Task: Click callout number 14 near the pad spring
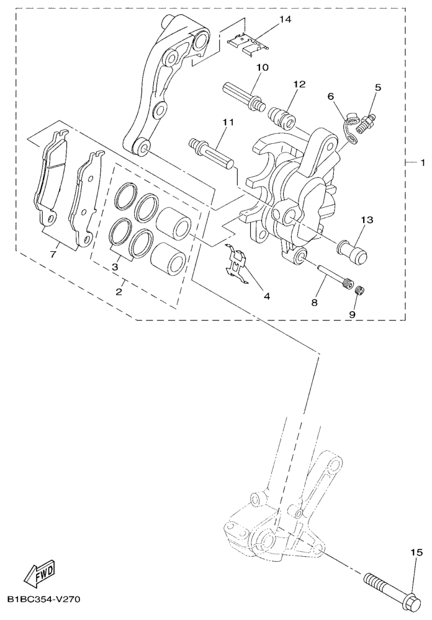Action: pyautogui.click(x=285, y=19)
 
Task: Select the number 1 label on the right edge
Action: pyautogui.click(x=423, y=162)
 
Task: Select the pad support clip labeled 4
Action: pyautogui.click(x=235, y=264)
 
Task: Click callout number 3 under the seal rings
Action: pyautogui.click(x=115, y=267)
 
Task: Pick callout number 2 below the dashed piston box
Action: pyautogui.click(x=119, y=292)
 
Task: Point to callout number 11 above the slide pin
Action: pyautogui.click(x=228, y=122)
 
